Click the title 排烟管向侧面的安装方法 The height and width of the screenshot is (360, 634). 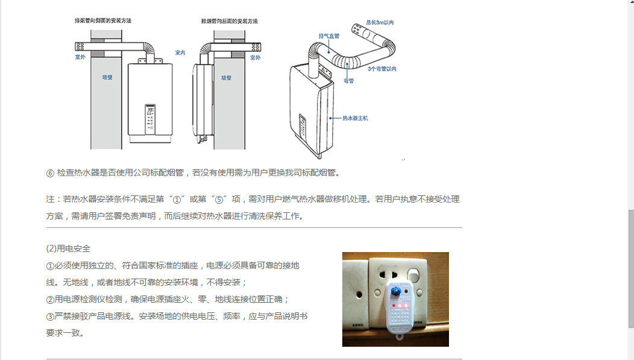click(x=103, y=21)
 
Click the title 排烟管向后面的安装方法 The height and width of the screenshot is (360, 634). click(x=229, y=21)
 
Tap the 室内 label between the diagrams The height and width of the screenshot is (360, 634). click(x=180, y=53)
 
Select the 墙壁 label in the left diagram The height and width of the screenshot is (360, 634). click(x=107, y=77)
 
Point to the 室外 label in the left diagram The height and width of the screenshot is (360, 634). click(x=80, y=57)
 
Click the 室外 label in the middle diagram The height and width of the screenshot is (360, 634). click(x=255, y=58)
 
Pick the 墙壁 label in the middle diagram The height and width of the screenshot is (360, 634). click(x=227, y=77)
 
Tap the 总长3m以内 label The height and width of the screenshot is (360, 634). click(x=380, y=22)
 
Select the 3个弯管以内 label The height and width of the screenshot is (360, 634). click(x=382, y=69)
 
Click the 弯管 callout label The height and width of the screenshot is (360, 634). click(x=348, y=80)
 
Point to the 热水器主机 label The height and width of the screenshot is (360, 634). click(x=355, y=118)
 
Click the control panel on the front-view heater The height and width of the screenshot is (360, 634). click(x=150, y=118)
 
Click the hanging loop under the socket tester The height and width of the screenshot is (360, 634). click(x=398, y=341)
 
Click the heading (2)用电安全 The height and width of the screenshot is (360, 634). click(x=68, y=248)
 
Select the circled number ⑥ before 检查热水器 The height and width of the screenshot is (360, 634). click(x=50, y=173)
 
